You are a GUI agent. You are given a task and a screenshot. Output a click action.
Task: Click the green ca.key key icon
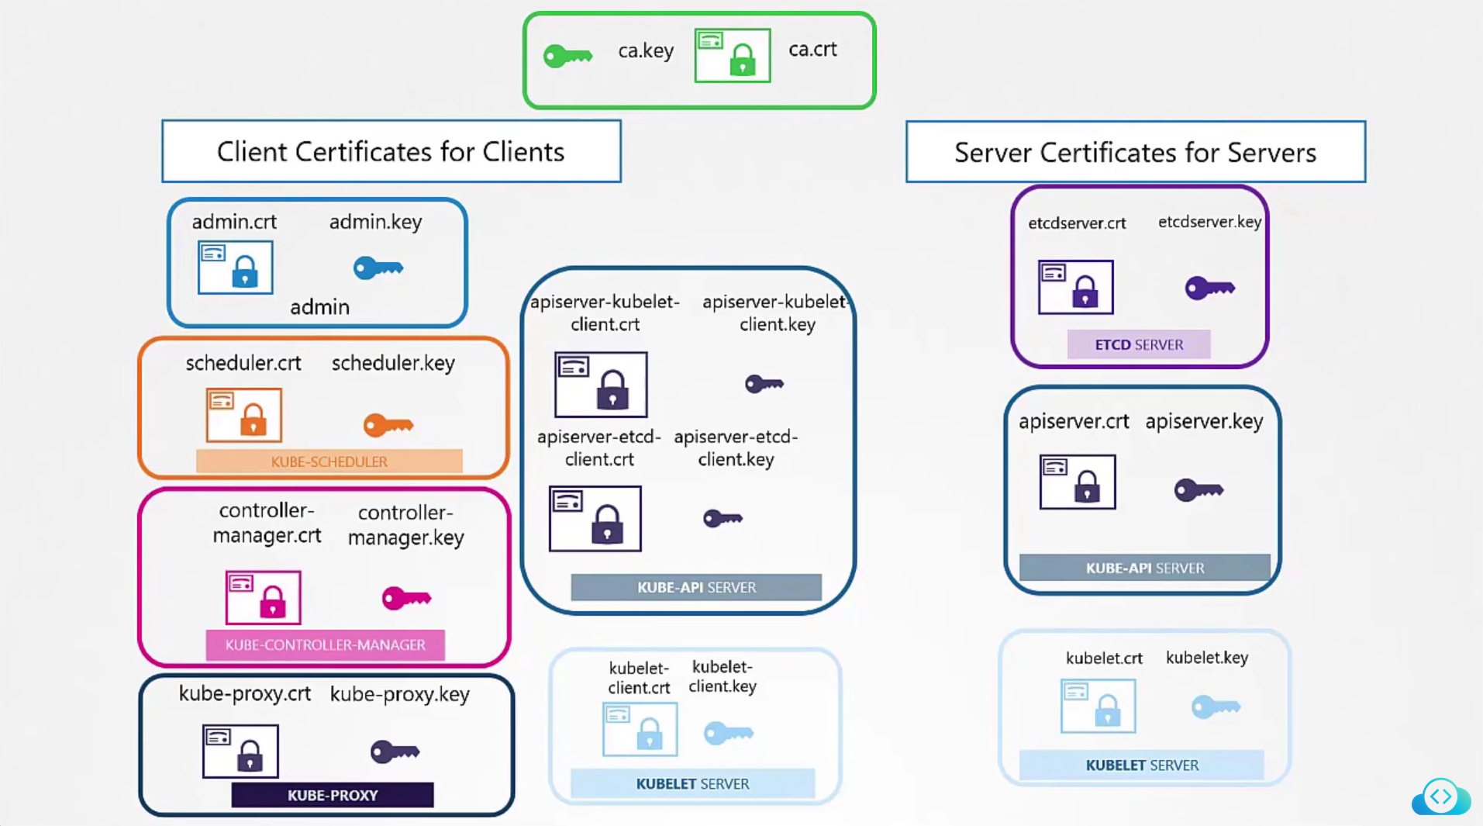point(567,56)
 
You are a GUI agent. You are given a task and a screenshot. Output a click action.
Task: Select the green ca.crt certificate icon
point(733,55)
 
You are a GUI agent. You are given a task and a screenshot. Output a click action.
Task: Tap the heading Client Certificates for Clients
point(391,151)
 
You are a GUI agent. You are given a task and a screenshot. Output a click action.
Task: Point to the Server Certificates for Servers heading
point(1135,152)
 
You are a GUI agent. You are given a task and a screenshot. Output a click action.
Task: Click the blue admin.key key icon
point(378,268)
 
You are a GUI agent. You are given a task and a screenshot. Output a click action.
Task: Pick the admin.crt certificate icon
point(236,268)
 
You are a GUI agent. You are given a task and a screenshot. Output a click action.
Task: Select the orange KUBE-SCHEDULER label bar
point(329,461)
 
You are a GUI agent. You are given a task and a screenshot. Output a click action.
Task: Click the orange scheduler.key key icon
point(388,425)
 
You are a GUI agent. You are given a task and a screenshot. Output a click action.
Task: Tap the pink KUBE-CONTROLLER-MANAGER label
point(325,645)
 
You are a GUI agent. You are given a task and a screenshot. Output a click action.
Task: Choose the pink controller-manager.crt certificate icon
point(263,597)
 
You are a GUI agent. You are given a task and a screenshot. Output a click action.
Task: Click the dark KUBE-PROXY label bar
point(333,795)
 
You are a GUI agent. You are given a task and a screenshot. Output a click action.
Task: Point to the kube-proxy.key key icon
point(395,752)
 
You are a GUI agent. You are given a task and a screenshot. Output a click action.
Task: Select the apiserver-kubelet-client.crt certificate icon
point(601,385)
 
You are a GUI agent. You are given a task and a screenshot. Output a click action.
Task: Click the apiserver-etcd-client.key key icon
point(723,518)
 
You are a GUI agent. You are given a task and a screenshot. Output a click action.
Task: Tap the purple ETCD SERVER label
point(1138,344)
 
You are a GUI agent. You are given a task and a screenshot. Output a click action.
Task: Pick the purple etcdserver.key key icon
point(1209,289)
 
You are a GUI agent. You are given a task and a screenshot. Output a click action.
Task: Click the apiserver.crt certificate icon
point(1078,482)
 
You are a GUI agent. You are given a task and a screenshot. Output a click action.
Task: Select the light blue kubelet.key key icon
point(1216,707)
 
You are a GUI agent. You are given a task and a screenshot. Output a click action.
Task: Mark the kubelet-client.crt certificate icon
point(640,729)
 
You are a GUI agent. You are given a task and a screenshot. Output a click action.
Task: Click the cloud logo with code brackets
point(1440,797)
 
